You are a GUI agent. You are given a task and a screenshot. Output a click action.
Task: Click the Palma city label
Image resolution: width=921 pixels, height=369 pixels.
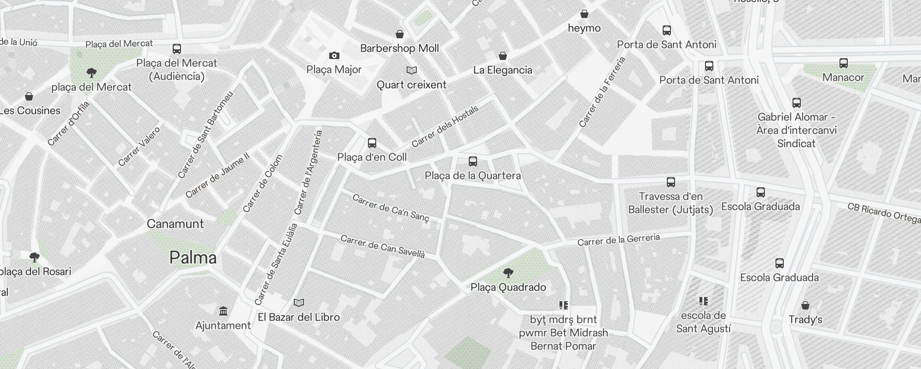point(193,257)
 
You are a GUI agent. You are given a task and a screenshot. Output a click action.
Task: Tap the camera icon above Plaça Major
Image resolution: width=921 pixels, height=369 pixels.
point(334,56)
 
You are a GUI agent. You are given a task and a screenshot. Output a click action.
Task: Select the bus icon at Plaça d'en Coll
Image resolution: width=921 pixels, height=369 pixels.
point(372,143)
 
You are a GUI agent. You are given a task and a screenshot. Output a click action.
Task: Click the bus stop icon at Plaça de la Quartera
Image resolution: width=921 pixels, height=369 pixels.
point(472,161)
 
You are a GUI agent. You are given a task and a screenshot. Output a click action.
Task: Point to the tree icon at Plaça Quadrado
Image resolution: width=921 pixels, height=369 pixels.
point(508,273)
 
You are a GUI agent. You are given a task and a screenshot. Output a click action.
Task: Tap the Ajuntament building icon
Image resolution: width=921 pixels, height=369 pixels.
point(223,311)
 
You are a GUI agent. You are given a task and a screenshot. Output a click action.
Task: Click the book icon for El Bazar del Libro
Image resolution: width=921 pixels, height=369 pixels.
point(299,303)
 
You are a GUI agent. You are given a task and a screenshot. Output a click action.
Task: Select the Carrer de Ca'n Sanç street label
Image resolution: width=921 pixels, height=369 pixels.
point(391,208)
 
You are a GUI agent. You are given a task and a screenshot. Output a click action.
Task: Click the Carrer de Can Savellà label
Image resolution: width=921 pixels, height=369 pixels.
point(382,246)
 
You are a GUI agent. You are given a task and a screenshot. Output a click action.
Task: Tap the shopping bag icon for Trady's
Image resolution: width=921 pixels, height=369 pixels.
point(805,305)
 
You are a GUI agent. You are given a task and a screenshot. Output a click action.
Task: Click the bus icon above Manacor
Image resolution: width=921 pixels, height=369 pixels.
point(843,63)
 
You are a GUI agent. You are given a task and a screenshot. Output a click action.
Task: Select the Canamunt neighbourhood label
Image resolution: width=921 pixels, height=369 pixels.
point(175,224)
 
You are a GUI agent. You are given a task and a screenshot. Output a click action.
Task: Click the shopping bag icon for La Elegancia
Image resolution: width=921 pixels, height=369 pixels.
point(503,56)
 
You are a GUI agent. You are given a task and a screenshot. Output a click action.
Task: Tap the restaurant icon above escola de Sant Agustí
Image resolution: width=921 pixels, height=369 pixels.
point(703,301)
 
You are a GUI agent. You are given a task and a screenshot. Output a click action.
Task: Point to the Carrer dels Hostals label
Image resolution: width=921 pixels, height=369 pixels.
point(445,126)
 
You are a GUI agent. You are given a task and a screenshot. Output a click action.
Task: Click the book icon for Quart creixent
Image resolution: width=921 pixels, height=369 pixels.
point(411,71)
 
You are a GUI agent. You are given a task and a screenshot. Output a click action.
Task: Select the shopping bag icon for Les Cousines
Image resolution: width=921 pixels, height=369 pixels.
point(29,96)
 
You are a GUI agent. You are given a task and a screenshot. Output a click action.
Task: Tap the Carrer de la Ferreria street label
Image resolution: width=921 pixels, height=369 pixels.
point(602,92)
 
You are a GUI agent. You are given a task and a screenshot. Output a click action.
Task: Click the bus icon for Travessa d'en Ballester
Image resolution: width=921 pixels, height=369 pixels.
point(670,182)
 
